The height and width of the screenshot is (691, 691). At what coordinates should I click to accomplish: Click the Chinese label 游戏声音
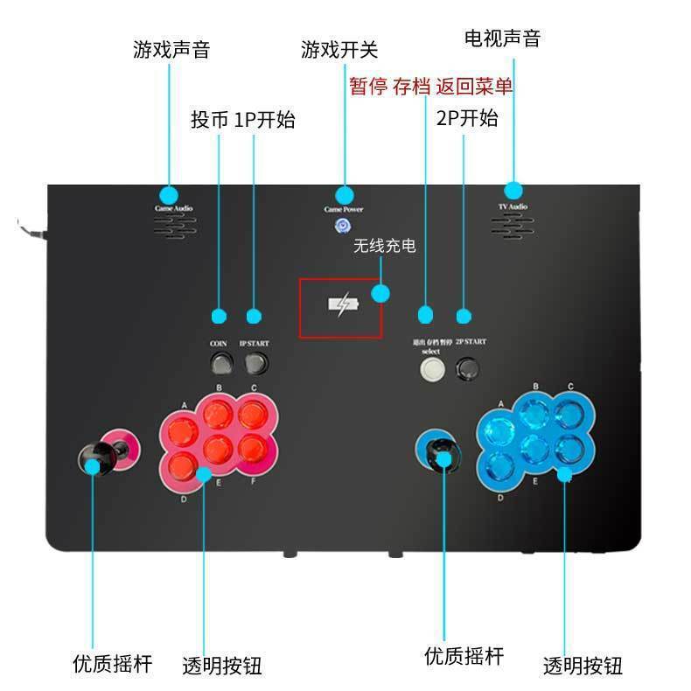pyautogui.click(x=171, y=48)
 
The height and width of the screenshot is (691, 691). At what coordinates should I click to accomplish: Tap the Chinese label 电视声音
pyautogui.click(x=502, y=38)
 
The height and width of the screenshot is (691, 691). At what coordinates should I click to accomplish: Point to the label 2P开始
pyautogui.click(x=467, y=118)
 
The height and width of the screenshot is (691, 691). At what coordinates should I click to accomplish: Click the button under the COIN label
pyautogui.click(x=219, y=361)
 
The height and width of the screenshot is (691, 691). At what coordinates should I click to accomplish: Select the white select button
pyautogui.click(x=430, y=368)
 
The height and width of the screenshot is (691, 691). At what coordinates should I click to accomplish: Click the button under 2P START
pyautogui.click(x=470, y=368)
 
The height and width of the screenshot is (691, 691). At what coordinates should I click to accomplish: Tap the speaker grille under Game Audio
pyautogui.click(x=176, y=227)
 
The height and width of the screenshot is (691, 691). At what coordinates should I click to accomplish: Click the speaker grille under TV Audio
pyautogui.click(x=512, y=227)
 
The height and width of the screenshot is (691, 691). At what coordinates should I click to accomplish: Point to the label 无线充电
pyautogui.click(x=384, y=248)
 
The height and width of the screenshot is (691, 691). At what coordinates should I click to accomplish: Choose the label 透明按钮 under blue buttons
pyautogui.click(x=583, y=666)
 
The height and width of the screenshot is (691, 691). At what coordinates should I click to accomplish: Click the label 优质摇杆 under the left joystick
pyautogui.click(x=112, y=663)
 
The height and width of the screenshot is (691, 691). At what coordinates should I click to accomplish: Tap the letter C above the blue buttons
pyautogui.click(x=569, y=387)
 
